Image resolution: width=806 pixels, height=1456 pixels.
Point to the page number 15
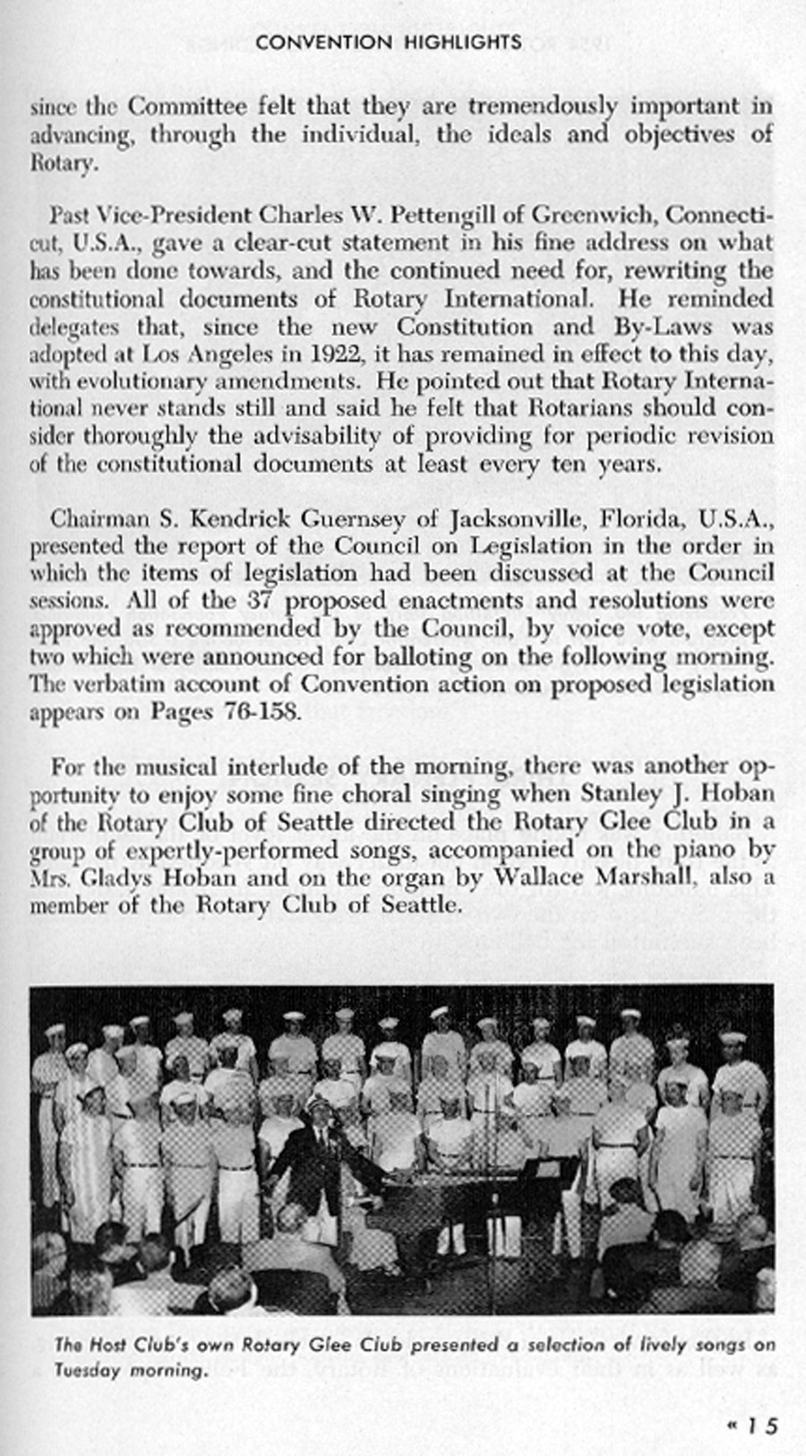click(762, 1426)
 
